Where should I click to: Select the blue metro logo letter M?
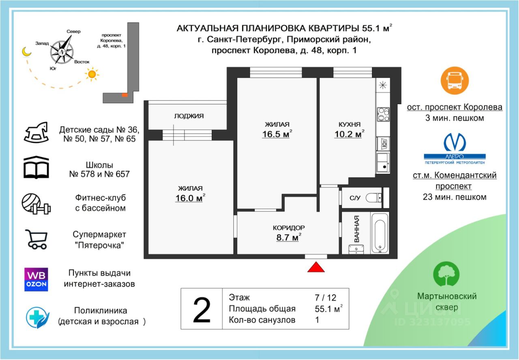point(455,142)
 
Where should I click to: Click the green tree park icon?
point(446,274)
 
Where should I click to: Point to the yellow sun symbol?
point(92,74)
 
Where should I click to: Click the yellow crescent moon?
point(27,51)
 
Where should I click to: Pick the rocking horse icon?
point(36,132)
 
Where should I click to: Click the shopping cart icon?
point(36,239)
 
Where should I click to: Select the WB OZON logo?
point(36,279)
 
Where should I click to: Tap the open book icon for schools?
point(36,168)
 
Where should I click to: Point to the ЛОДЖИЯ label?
point(189,116)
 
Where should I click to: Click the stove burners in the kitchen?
point(383,114)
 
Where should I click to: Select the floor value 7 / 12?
point(326,298)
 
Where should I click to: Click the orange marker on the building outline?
point(124,95)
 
